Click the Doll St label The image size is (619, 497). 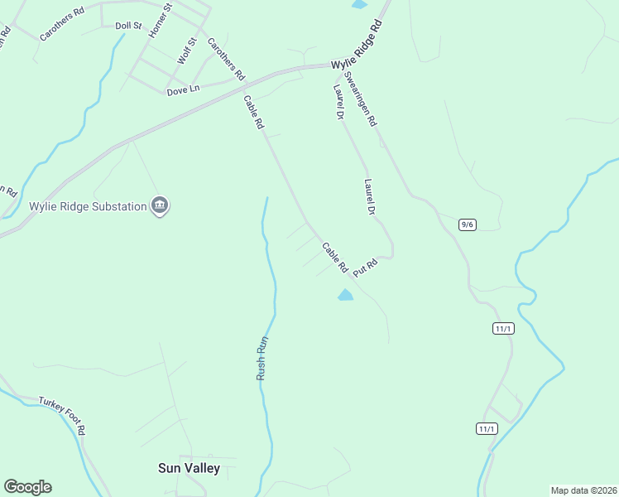tap(129, 27)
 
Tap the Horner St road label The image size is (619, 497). tap(160, 21)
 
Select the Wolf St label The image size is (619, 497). tap(187, 51)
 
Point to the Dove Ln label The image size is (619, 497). tap(183, 90)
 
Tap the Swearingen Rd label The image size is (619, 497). tap(361, 98)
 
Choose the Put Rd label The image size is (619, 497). tap(365, 268)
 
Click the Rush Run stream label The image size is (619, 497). tap(262, 357)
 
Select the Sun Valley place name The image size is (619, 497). tap(189, 468)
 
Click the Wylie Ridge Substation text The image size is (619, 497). tap(88, 206)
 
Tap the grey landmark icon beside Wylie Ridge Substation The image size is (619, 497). tap(160, 206)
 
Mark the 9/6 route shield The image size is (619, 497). tap(468, 224)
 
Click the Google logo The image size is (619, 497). tap(27, 487)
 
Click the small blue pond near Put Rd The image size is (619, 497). tap(345, 295)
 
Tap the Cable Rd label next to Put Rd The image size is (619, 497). tap(334, 258)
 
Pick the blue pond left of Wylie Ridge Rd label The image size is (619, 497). tap(359, 4)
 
